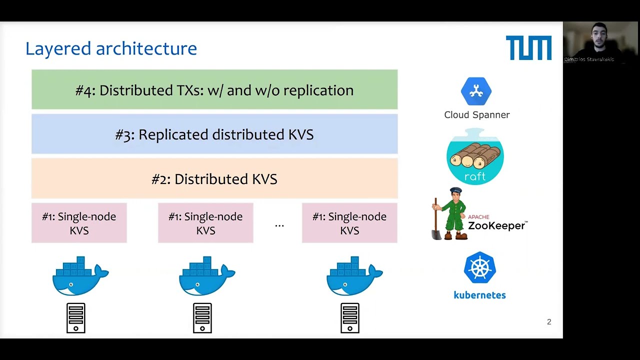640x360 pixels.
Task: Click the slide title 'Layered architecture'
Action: [x=111, y=48]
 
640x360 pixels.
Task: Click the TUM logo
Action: [x=528, y=48]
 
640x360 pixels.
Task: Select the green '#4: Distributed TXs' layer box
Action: [x=214, y=90]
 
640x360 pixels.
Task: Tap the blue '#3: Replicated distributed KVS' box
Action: [x=214, y=134]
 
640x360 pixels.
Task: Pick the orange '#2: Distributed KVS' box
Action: [x=214, y=179]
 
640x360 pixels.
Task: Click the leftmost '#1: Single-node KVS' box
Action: [x=79, y=223]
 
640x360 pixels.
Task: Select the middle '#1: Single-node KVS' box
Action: [x=205, y=223]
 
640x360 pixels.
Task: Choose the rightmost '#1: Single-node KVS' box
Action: [x=349, y=223]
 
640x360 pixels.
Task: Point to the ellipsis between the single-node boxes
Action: [x=279, y=225]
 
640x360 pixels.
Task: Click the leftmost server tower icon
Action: [x=76, y=318]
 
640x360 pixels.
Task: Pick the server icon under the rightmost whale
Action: [x=350, y=318]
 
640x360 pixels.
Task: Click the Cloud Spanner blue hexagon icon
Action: [x=476, y=91]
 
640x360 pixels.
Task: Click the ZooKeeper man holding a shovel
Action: [x=449, y=214]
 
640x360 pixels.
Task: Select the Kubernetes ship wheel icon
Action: [x=479, y=267]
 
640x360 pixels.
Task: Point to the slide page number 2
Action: [x=549, y=322]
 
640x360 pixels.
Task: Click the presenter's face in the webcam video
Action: [x=598, y=35]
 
